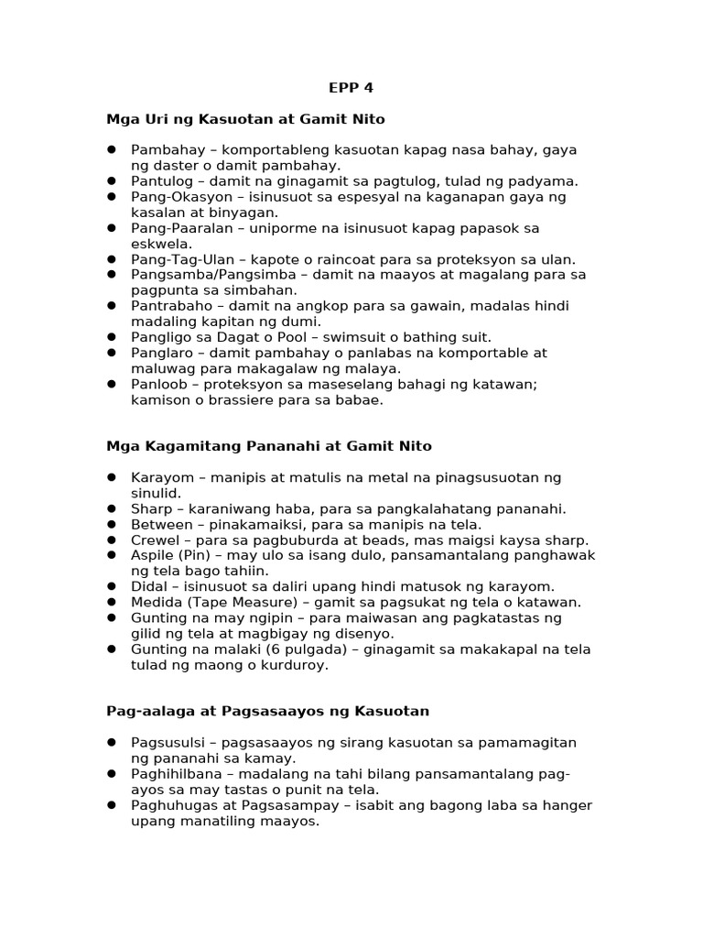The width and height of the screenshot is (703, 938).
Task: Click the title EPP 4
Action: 351,88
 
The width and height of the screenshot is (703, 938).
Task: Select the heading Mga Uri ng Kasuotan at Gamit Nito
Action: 245,119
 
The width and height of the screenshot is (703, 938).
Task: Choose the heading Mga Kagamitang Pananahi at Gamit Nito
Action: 269,446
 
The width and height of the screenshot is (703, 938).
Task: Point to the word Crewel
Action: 155,540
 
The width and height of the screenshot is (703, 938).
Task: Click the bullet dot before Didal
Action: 112,585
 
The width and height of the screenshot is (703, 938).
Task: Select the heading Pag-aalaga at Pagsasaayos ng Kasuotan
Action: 268,711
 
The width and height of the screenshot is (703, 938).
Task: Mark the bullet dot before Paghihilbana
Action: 112,773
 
